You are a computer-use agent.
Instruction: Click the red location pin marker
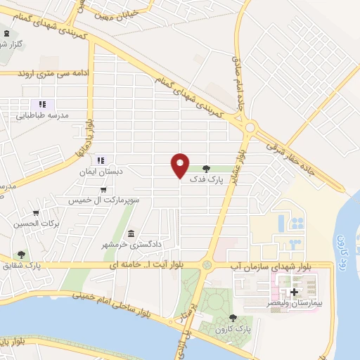[181, 165]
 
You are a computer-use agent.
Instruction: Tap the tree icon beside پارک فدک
[206, 169]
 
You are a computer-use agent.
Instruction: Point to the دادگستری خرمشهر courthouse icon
[131, 233]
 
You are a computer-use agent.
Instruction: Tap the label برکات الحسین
[35, 224]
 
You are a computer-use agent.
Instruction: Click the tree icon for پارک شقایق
[21, 255]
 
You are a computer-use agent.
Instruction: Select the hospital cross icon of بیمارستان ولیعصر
[294, 291]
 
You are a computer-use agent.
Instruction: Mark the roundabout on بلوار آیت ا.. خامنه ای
[206, 265]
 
